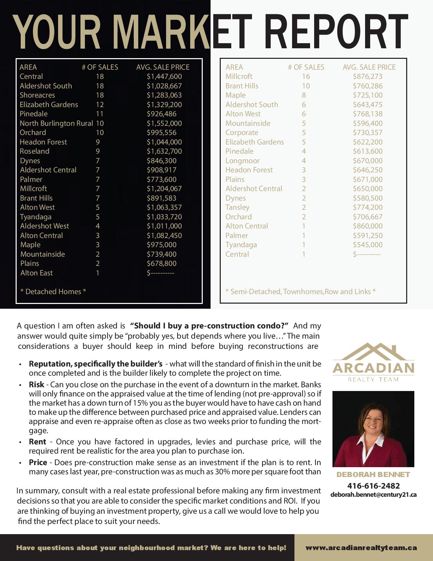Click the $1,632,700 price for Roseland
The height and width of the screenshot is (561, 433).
[164, 151]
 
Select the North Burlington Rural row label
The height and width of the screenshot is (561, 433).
[56, 123]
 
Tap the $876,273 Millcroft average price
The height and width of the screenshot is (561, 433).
[367, 76]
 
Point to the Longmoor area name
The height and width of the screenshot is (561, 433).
[242, 161]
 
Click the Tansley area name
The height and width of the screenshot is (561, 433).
[237, 207]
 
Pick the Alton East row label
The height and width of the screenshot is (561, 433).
[36, 273]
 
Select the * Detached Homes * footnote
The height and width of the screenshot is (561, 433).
[53, 292]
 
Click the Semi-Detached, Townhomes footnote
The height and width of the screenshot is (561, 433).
[300, 292]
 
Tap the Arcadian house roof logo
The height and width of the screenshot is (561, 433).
[373, 352]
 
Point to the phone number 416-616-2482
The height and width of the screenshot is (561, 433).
[373, 486]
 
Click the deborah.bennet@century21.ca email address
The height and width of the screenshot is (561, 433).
[373, 495]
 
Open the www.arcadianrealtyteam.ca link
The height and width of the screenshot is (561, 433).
[361, 548]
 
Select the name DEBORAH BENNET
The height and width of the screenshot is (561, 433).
[373, 475]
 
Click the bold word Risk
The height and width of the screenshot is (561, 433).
[36, 385]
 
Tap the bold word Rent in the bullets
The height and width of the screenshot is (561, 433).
[37, 442]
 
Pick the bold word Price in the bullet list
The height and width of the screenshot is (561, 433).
[38, 462]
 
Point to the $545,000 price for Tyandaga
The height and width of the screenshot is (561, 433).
[367, 245]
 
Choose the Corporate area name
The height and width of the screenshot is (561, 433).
[242, 133]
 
